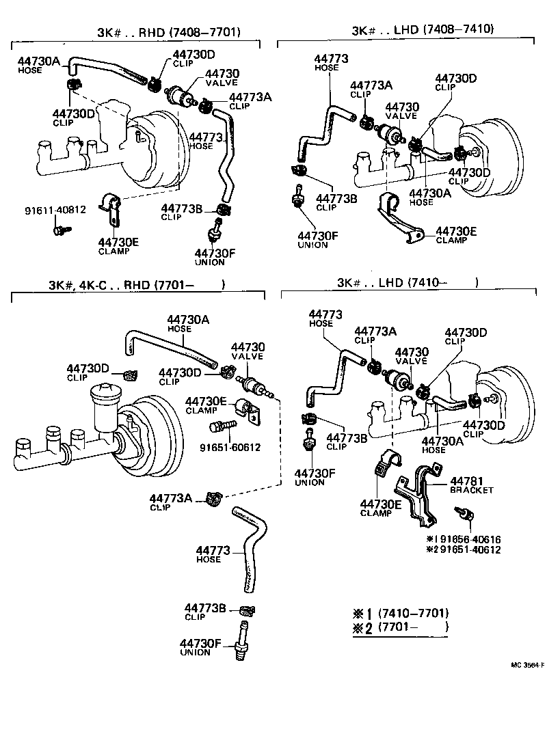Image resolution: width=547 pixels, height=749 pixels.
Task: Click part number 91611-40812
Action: pos(53,209)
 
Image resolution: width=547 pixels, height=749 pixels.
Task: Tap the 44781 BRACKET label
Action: pos(471,485)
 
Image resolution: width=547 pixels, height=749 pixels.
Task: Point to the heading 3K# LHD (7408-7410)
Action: pos(422,29)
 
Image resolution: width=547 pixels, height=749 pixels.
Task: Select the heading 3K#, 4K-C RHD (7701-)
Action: pos(137,285)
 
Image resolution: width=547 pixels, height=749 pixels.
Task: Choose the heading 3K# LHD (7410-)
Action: pos(407,282)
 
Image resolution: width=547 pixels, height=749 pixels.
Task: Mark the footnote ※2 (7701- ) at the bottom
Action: pos(400,627)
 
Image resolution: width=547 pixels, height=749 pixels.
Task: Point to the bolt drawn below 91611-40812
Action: pos(57,230)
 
